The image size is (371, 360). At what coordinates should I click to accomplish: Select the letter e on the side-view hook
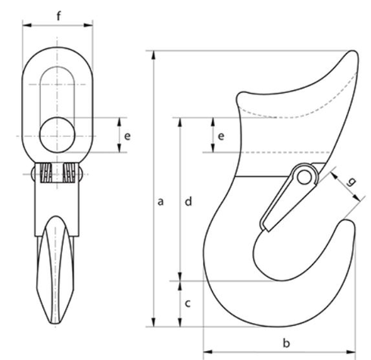click(x=221, y=136)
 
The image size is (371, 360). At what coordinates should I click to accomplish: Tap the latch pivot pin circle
click(x=305, y=176)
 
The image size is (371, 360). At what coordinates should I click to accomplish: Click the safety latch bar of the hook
click(x=284, y=200)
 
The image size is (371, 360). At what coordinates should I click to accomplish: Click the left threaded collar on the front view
click(x=46, y=174)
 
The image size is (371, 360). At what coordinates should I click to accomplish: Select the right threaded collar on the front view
click(x=72, y=174)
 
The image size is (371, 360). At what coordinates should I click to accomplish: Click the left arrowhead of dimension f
click(x=25, y=25)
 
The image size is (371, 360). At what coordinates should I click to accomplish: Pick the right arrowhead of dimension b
click(x=354, y=350)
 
